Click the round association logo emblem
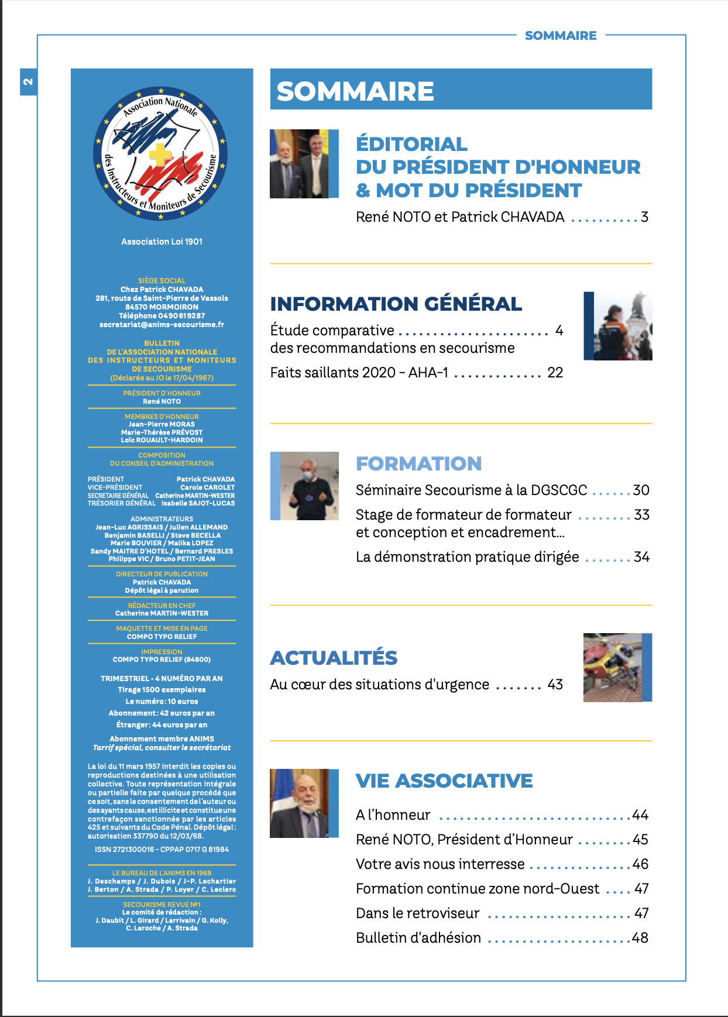[x=160, y=154]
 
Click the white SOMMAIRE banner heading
[x=355, y=91]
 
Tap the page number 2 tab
[x=28, y=81]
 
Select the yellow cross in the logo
[x=160, y=155]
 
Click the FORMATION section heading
[x=418, y=463]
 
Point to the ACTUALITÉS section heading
[x=334, y=658]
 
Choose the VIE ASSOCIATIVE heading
[x=444, y=781]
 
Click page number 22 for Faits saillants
[x=555, y=373]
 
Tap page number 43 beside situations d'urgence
[x=555, y=685]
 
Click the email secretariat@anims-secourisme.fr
[x=162, y=324]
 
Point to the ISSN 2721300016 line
[x=162, y=849]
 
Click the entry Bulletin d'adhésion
[x=418, y=938]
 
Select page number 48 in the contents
[x=640, y=938]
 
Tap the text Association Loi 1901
[x=162, y=241]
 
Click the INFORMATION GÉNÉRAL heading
[x=396, y=304]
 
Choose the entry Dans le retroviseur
[x=417, y=913]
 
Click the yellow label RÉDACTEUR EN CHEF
[x=162, y=606]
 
